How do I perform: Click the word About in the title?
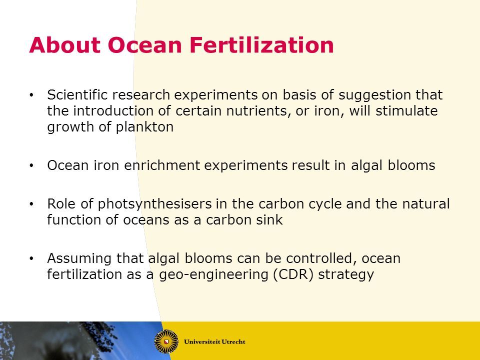click(x=65, y=45)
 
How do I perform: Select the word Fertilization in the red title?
click(x=261, y=45)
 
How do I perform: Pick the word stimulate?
click(x=406, y=111)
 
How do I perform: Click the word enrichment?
click(x=162, y=165)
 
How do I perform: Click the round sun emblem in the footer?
click(x=166, y=341)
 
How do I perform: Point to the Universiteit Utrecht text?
click(x=214, y=341)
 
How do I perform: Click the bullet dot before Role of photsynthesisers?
click(x=31, y=204)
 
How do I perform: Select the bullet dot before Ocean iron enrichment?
click(x=31, y=165)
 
